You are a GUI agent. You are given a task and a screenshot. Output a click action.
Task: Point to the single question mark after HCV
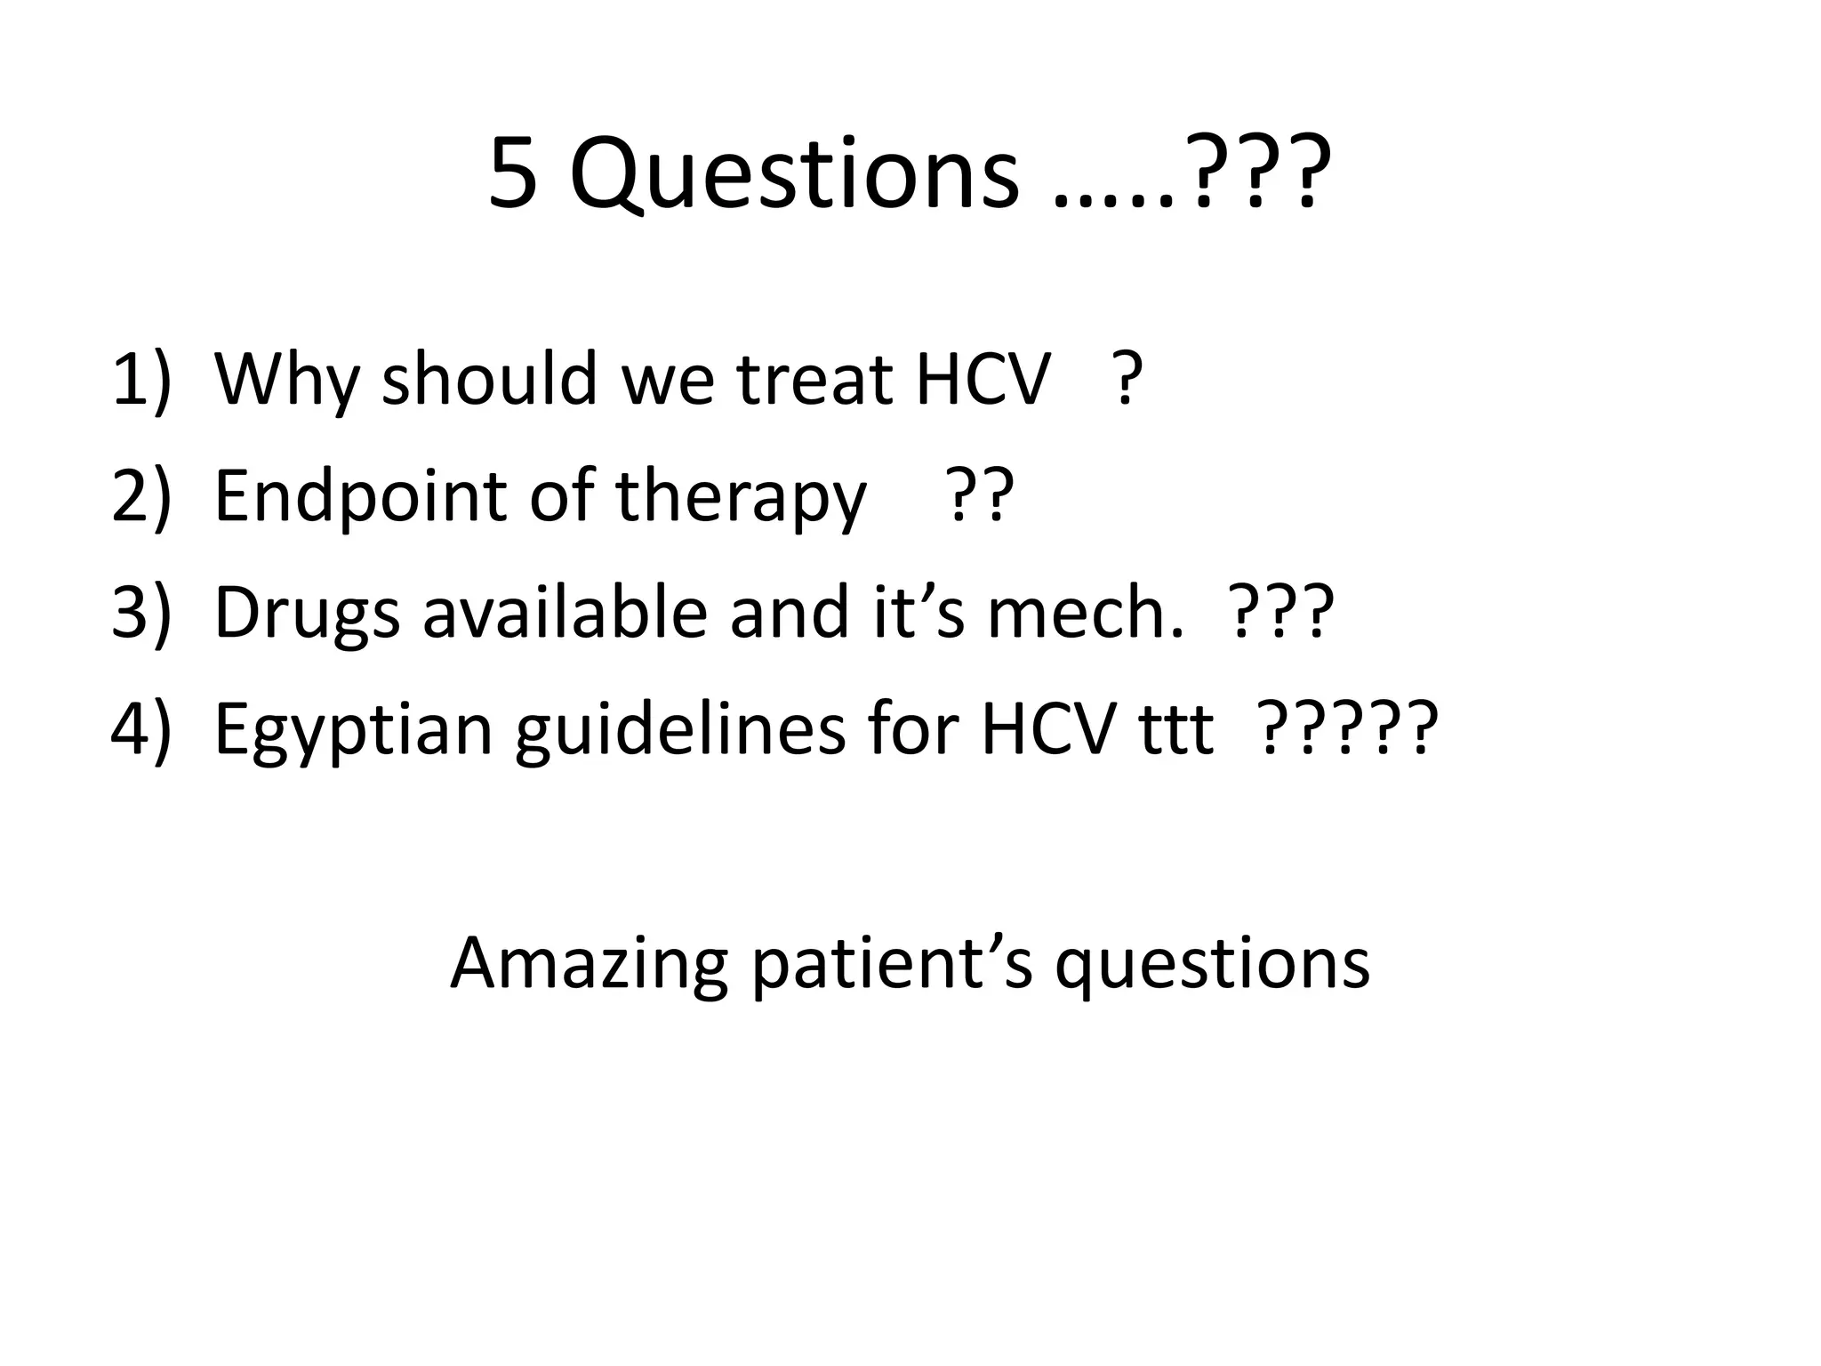coord(1127,380)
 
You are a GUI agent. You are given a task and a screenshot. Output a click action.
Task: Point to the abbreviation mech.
coord(1085,613)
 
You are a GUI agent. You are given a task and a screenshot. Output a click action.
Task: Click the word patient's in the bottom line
coord(893,965)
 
